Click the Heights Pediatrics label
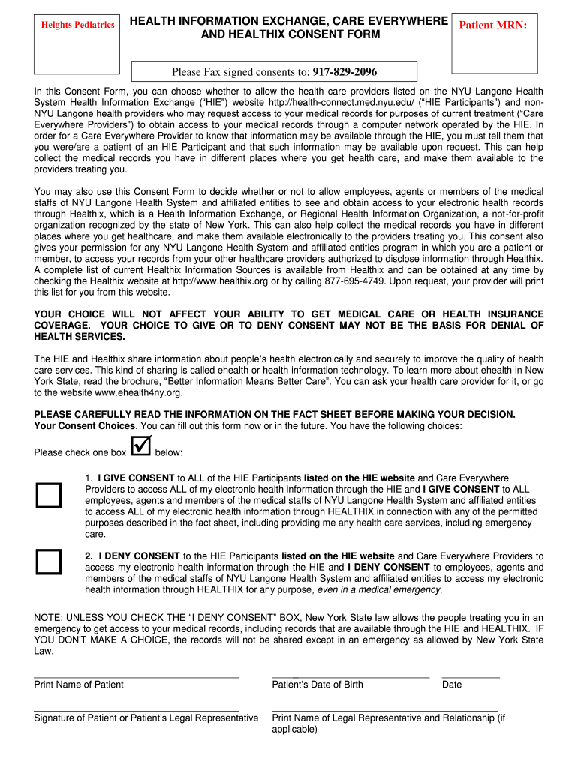78,25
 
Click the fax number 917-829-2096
345,72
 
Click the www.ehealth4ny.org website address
139,392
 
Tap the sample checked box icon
140,446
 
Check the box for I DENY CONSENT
50,562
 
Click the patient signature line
136,709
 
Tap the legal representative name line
384,709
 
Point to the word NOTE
49,617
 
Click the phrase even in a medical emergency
380,589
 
